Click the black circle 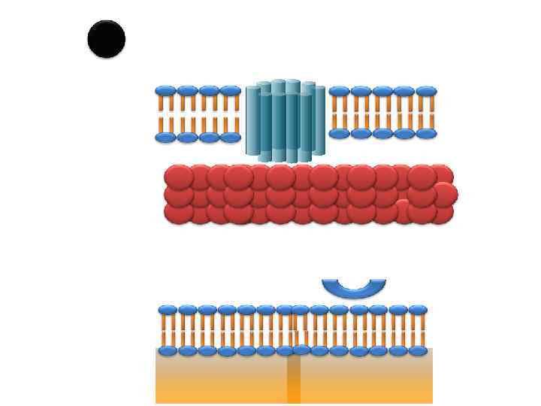[x=106, y=39]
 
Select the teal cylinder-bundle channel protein [x=286, y=120]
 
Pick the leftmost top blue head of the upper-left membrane [x=165, y=91]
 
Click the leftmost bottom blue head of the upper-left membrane [x=165, y=138]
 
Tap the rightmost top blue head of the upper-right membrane [x=427, y=91]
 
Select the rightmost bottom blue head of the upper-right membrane [x=427, y=134]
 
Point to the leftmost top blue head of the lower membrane [x=167, y=310]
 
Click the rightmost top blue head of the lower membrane [x=418, y=310]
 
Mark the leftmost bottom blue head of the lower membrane [x=167, y=350]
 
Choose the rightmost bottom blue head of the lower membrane [x=418, y=350]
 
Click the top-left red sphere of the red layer [x=179, y=177]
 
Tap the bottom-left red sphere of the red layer [x=179, y=213]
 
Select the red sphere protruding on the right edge [x=445, y=195]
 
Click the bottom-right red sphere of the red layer [x=440, y=214]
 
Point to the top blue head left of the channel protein [x=231, y=91]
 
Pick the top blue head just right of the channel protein [x=340, y=91]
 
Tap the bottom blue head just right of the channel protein [x=340, y=134]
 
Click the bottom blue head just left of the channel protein [x=231, y=138]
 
